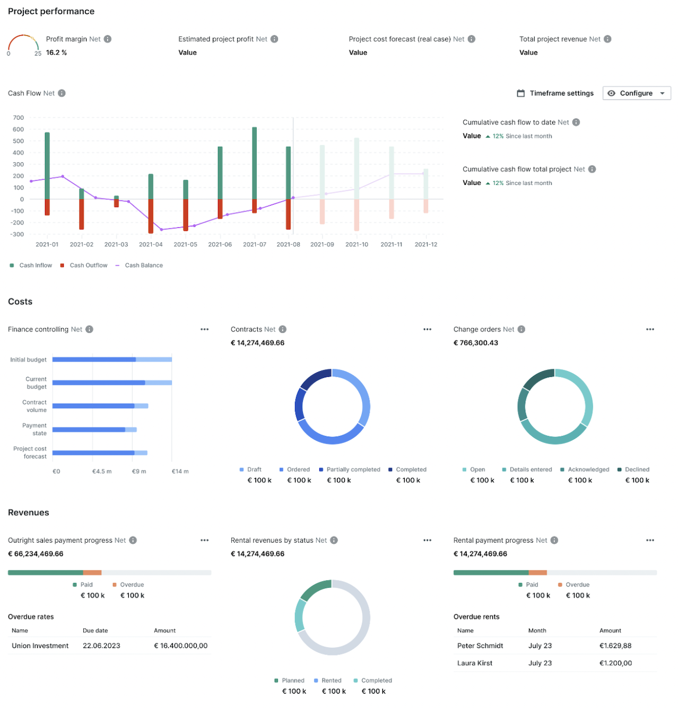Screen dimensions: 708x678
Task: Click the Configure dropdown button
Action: pyautogui.click(x=636, y=93)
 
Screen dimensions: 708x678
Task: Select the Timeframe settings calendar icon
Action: pyautogui.click(x=520, y=93)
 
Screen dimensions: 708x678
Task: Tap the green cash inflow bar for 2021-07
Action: pyautogui.click(x=255, y=163)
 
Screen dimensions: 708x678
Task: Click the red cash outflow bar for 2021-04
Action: pyautogui.click(x=151, y=216)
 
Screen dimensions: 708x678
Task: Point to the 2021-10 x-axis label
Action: pyautogui.click(x=357, y=244)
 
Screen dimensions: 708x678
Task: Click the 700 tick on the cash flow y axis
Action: pyautogui.click(x=19, y=118)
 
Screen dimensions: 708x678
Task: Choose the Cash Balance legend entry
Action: pyautogui.click(x=143, y=265)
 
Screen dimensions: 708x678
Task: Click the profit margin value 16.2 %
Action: pyautogui.click(x=56, y=52)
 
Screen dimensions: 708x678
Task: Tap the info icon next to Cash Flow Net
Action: pyautogui.click(x=62, y=93)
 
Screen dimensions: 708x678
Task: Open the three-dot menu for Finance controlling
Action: pyautogui.click(x=204, y=330)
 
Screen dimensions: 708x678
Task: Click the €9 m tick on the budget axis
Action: pyautogui.click(x=139, y=471)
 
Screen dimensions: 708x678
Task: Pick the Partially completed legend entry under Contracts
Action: pyautogui.click(x=353, y=470)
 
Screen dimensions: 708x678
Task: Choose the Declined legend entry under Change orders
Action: pyautogui.click(x=637, y=470)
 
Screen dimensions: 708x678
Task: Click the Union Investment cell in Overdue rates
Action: pyautogui.click(x=40, y=645)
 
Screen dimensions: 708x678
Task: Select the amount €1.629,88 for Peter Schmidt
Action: pyautogui.click(x=615, y=645)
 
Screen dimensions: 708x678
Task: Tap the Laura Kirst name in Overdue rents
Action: pyautogui.click(x=474, y=663)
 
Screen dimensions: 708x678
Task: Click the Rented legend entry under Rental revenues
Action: pyautogui.click(x=331, y=680)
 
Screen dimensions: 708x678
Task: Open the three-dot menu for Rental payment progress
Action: pyautogui.click(x=650, y=541)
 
